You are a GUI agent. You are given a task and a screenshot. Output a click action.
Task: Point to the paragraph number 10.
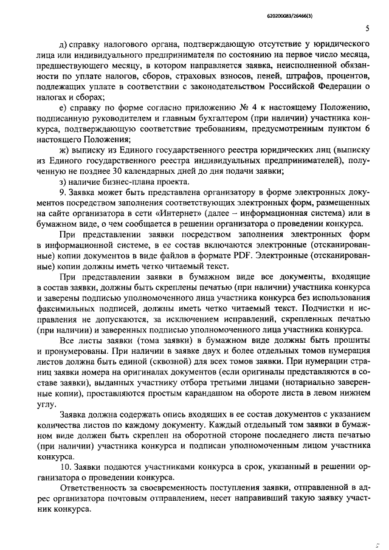click(66, 467)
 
